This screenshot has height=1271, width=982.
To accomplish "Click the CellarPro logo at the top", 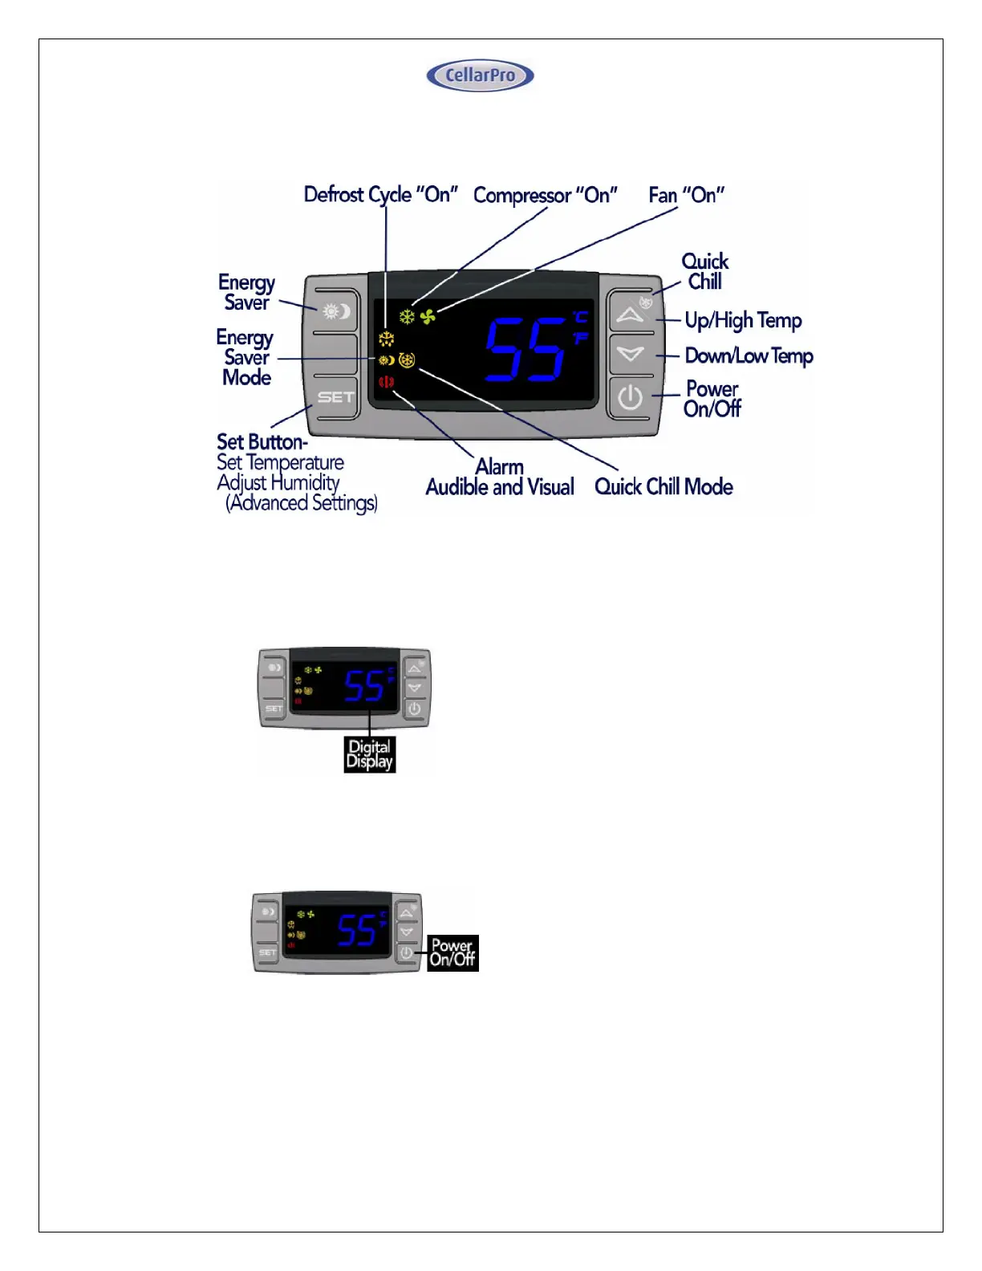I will [x=480, y=75].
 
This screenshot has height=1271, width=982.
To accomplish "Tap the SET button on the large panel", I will [x=335, y=397].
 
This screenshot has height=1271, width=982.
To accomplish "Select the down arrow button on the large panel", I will [x=631, y=353].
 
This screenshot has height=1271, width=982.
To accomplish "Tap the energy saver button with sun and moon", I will [x=336, y=311].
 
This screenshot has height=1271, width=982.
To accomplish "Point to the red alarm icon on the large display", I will [x=387, y=382].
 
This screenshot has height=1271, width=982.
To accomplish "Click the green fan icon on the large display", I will [x=428, y=317].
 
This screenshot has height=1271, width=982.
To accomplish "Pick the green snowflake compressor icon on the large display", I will [x=408, y=317].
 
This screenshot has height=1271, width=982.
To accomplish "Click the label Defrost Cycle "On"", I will [x=380, y=195].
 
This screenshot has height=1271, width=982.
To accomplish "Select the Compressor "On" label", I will [x=546, y=196].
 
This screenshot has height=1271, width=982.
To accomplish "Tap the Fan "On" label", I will [x=687, y=196].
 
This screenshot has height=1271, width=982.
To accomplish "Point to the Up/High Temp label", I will [x=743, y=321].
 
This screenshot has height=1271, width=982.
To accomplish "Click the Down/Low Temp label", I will [x=749, y=356].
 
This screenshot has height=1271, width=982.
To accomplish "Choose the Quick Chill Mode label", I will [x=663, y=487].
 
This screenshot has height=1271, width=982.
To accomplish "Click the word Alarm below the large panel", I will [x=500, y=467].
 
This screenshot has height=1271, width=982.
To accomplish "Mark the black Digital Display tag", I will [x=370, y=754].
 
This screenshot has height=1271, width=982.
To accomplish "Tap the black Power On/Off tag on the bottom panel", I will [x=452, y=952].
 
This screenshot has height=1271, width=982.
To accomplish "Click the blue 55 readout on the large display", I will [x=525, y=349].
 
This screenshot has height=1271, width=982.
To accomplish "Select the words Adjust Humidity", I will [x=278, y=483].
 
